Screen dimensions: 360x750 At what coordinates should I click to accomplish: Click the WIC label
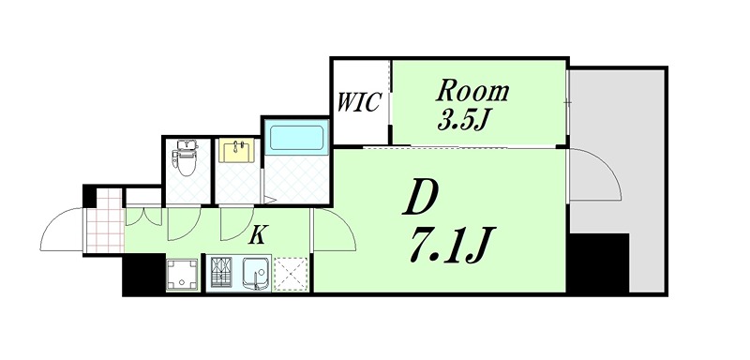[360, 101]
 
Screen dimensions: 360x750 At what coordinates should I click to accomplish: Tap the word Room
[474, 92]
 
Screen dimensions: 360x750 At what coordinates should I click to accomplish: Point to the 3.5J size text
[460, 120]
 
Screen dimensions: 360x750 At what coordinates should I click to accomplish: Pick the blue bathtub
[296, 138]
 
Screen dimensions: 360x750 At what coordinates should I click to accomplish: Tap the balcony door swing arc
[597, 176]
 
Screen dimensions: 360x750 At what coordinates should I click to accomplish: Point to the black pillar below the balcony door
[599, 262]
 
